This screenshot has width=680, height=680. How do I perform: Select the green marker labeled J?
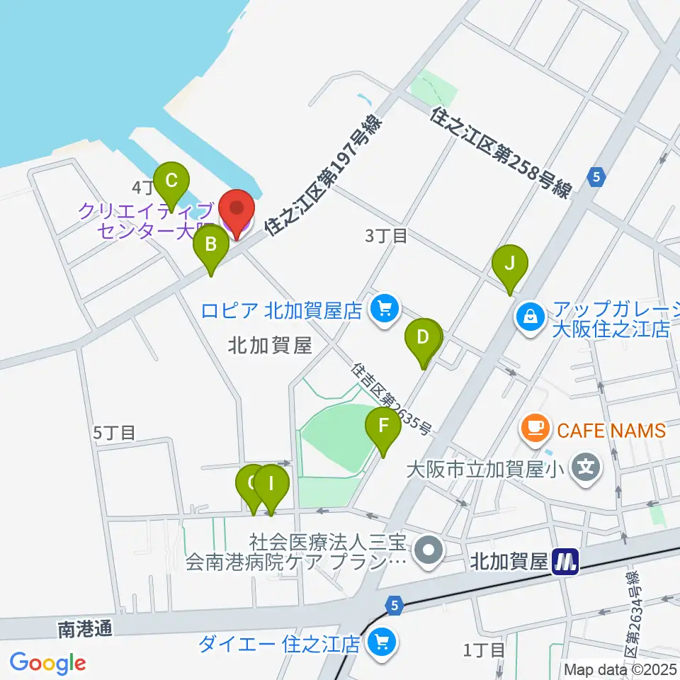coord(510,264)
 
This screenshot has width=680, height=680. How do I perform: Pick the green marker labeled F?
coord(383,426)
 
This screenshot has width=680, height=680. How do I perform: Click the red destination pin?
coord(237,210)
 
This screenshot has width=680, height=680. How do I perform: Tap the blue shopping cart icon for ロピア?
coord(385,309)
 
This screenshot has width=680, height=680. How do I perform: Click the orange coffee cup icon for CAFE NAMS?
coord(533,427)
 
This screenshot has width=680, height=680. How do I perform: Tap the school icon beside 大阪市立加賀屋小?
coord(586,467)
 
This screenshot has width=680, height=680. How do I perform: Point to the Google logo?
coord(47,664)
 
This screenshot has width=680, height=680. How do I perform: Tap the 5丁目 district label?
coord(114,432)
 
